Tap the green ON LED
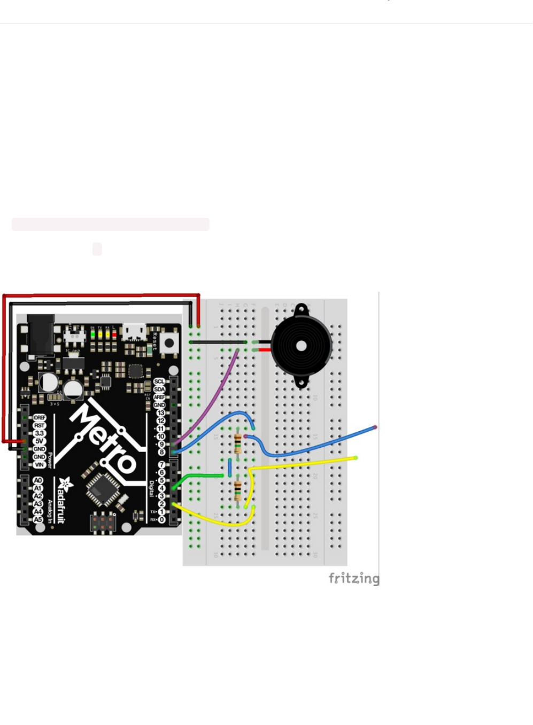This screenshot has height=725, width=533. [x=92, y=334]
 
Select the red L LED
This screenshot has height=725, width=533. [x=113, y=334]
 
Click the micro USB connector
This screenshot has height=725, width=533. [x=134, y=332]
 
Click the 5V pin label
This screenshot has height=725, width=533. [x=39, y=441]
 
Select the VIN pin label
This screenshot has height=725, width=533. [x=39, y=465]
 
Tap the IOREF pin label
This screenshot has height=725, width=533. [x=39, y=418]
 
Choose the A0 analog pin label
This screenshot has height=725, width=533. [x=37, y=480]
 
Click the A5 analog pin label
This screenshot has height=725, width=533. [x=37, y=519]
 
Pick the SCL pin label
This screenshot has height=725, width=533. [x=159, y=382]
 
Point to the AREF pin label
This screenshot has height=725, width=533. [x=159, y=397]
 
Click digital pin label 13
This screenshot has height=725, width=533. [x=160, y=413]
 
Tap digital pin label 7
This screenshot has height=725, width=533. [x=161, y=465]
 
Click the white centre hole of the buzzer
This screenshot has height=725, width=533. [x=301, y=346]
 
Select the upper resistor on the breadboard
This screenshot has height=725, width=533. [x=238, y=443]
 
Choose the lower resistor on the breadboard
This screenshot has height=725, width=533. [x=238, y=491]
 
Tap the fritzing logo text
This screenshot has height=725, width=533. [x=354, y=579]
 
